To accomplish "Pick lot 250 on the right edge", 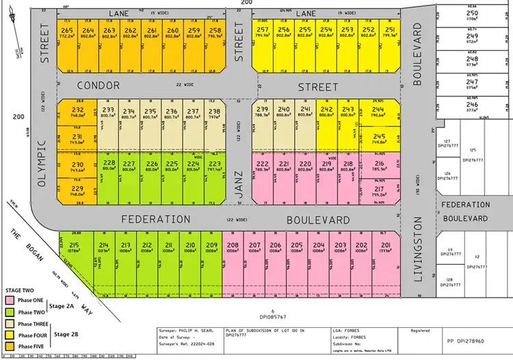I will click(x=472, y=16).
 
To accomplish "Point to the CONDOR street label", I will click(x=98, y=86).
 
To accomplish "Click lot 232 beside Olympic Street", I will click(x=78, y=113).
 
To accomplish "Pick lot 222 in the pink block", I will click(x=262, y=168).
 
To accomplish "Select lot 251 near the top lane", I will click(x=390, y=35).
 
